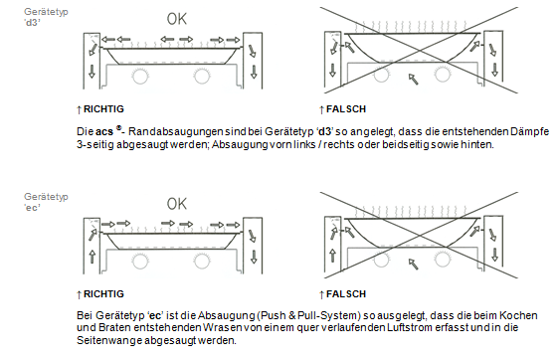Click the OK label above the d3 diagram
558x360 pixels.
click(177, 19)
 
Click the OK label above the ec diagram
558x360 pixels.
click(177, 204)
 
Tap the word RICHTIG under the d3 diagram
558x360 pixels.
click(103, 108)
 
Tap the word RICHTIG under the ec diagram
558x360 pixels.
click(103, 293)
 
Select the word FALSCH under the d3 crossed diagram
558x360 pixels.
click(346, 108)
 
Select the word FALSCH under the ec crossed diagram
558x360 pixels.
click(346, 293)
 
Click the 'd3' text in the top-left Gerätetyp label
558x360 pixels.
click(32, 23)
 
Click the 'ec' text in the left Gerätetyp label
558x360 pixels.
click(32, 208)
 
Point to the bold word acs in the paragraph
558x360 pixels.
click(104, 132)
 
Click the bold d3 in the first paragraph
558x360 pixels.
click(324, 131)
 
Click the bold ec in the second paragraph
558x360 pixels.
click(154, 315)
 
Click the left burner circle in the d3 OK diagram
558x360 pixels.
click(140, 76)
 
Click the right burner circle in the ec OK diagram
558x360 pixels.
click(202, 261)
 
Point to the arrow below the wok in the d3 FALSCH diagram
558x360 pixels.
click(413, 79)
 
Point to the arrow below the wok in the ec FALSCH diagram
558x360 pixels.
click(413, 264)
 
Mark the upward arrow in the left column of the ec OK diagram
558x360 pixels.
click(93, 257)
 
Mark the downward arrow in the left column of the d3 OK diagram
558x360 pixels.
click(93, 72)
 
